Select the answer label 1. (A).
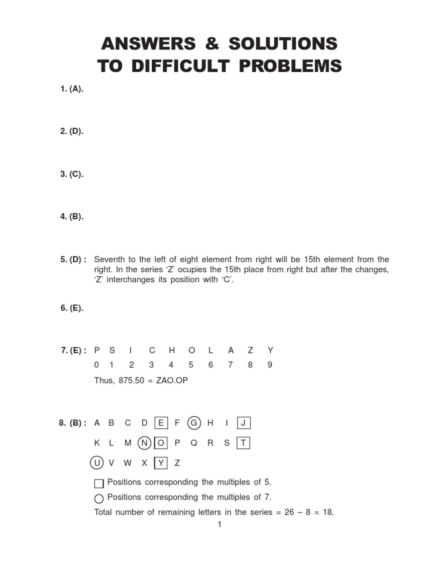click(72, 89)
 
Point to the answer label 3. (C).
click(72, 174)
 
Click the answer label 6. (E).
click(72, 308)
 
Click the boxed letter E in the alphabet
click(161, 423)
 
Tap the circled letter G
click(194, 423)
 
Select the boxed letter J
click(244, 423)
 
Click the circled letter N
click(145, 443)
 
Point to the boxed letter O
click(161, 443)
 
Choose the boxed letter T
click(244, 443)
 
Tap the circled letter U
click(96, 463)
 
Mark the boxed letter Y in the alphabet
click(161, 463)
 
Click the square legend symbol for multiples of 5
click(99, 483)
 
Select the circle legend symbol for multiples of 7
click(99, 498)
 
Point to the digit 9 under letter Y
click(270, 365)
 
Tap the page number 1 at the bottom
click(220, 525)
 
